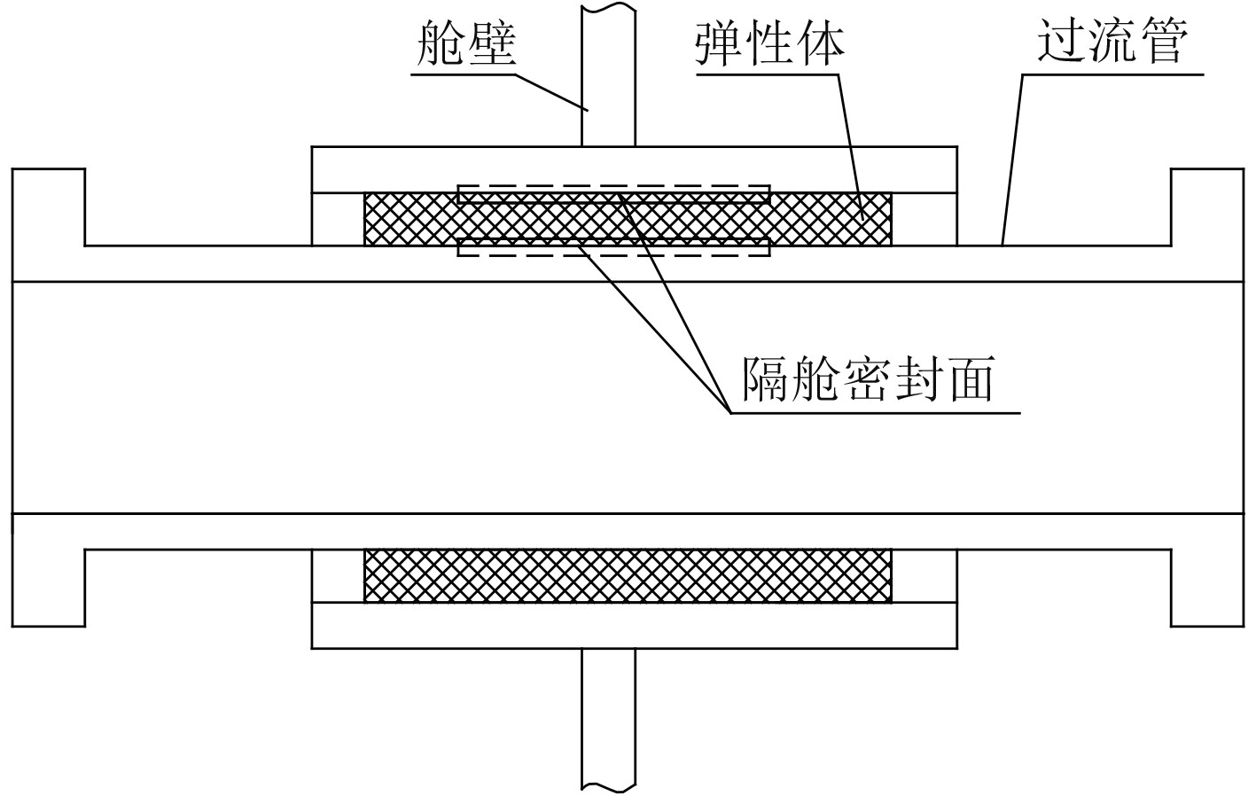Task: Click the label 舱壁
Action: [465, 43]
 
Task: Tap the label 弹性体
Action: [768, 43]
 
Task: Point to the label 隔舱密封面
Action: [868, 379]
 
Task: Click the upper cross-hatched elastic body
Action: [833, 219]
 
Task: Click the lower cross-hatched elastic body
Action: [628, 576]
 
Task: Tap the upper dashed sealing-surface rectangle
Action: [613, 194]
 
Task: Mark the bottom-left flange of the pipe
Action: [49, 587]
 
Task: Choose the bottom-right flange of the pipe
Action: [1206, 587]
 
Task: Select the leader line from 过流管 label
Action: [1012, 160]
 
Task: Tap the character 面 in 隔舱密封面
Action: [968, 379]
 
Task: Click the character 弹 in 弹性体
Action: [719, 43]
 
